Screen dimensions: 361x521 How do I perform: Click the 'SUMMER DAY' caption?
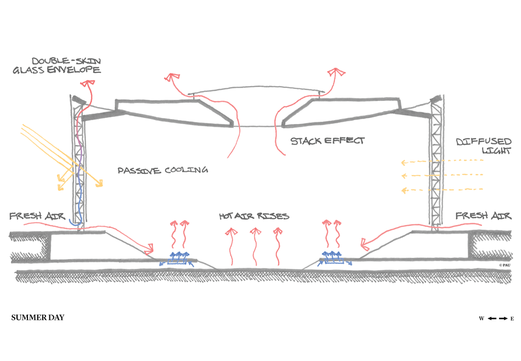pyautogui.click(x=37, y=318)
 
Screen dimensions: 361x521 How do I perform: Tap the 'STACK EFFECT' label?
pyautogui.click(x=327, y=141)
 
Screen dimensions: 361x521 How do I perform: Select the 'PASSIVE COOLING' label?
pyautogui.click(x=163, y=171)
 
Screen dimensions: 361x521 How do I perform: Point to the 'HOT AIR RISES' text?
pyautogui.click(x=253, y=216)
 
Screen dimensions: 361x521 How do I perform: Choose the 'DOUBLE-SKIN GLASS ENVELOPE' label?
pyautogui.click(x=66, y=65)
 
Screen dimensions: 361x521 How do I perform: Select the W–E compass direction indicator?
pyautogui.click(x=496, y=318)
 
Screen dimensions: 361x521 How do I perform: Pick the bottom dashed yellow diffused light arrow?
pyautogui.click(x=441, y=190)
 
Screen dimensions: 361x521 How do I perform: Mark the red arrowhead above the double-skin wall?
pyautogui.click(x=86, y=82)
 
